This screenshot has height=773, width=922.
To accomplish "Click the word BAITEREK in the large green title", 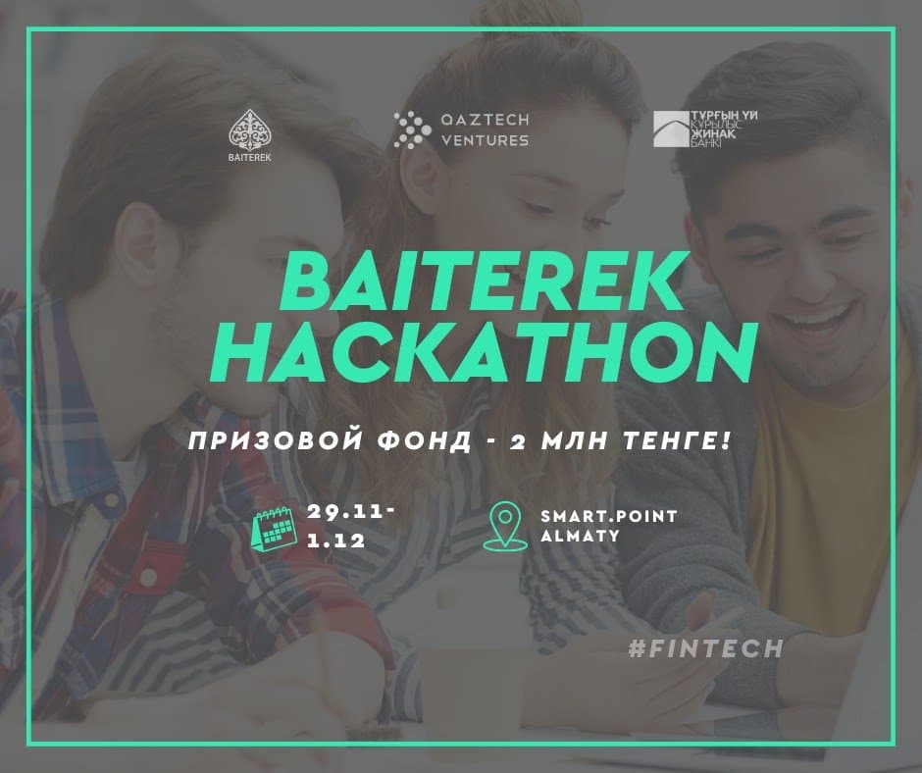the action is (x=480, y=282).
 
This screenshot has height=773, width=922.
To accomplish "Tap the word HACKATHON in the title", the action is (x=484, y=353).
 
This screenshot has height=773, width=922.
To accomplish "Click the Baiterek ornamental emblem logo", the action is (x=250, y=129).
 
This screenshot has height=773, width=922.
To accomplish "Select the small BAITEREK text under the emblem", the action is (x=250, y=158).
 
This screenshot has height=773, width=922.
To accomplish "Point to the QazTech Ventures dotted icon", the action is (x=412, y=129).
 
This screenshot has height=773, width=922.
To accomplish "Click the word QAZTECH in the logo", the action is (x=486, y=120).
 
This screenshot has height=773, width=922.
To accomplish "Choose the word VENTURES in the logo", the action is (x=486, y=140).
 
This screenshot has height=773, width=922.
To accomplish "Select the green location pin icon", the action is (x=505, y=526).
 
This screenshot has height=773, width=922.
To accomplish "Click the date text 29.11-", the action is (x=351, y=512).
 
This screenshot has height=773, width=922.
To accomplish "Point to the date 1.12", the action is (x=336, y=541).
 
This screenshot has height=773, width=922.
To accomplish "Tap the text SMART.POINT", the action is (x=609, y=516).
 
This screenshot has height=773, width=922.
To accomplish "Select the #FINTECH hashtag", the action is (x=705, y=648).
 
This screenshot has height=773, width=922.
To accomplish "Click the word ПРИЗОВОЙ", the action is (x=276, y=440).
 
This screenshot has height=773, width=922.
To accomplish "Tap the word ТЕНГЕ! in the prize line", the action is (x=678, y=440).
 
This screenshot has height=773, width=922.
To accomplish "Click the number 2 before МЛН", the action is (x=518, y=441).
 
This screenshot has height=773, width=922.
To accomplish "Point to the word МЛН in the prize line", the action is (x=574, y=440).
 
